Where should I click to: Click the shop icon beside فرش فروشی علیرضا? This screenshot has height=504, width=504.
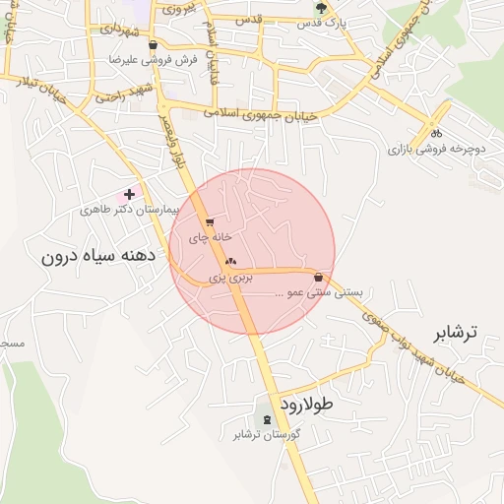click(x=153, y=44)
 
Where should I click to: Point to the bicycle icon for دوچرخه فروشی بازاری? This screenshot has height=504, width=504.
click(x=436, y=134)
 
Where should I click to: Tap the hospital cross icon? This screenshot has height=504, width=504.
click(x=129, y=195)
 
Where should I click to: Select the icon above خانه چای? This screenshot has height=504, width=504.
click(x=210, y=222)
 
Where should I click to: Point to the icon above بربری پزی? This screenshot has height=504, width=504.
click(x=231, y=262)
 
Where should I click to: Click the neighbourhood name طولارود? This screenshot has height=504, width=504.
click(x=306, y=404)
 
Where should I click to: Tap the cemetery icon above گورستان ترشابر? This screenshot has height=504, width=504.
click(x=268, y=419)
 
